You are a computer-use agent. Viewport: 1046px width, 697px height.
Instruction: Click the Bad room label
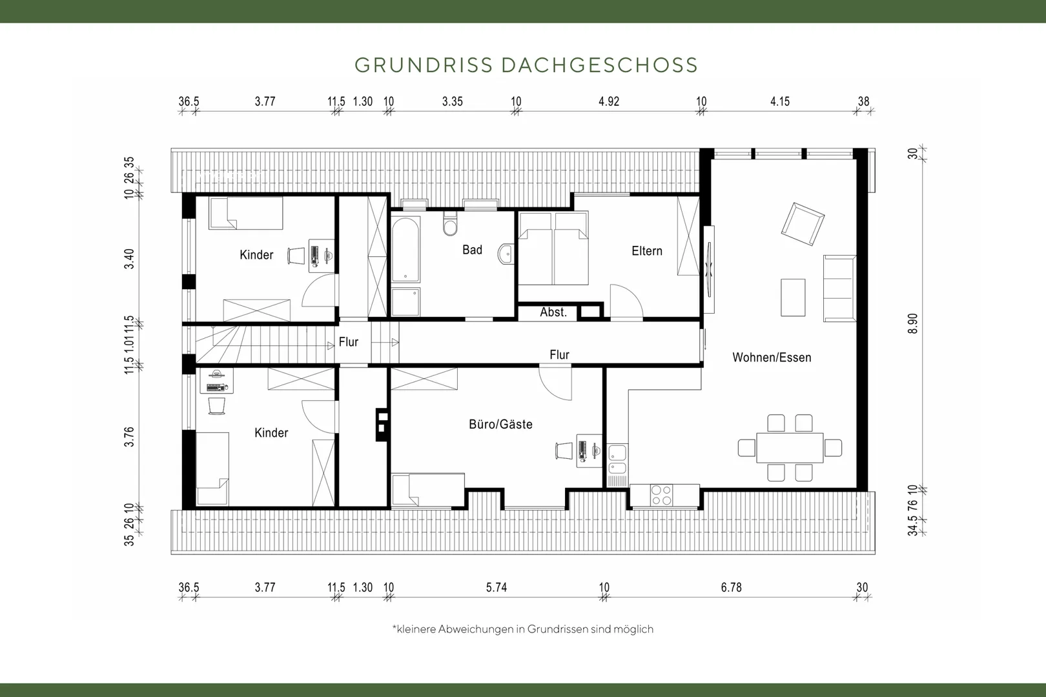point(472,250)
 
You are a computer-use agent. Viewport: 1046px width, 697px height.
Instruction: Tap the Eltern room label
point(647,251)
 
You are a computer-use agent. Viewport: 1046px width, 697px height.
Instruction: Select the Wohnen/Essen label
point(772,358)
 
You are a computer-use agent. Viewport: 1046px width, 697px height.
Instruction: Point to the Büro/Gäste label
point(500,425)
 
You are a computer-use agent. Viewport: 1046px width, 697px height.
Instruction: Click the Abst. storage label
point(553,312)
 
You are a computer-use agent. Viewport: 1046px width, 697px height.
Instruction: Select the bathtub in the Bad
point(405,249)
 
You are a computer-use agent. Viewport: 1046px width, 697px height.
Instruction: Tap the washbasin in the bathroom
point(506,254)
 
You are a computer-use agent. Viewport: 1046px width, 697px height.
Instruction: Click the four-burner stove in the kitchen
point(662,496)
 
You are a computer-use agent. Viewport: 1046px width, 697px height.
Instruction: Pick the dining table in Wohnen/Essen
point(790,448)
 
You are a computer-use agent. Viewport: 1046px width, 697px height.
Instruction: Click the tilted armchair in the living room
point(802,224)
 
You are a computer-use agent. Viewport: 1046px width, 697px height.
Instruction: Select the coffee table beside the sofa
point(793,298)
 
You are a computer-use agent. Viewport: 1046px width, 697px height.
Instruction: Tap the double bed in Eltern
point(553,248)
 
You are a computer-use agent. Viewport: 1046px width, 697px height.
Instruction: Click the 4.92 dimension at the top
point(609,102)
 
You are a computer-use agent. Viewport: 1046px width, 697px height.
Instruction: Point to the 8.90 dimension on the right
point(913,323)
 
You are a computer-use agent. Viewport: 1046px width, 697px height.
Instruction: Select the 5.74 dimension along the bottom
point(497,587)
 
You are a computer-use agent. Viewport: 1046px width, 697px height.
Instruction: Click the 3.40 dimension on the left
point(129,259)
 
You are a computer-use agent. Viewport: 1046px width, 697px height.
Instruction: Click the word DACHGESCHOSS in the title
point(600,65)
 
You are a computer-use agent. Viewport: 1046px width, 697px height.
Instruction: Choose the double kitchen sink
point(617,460)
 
